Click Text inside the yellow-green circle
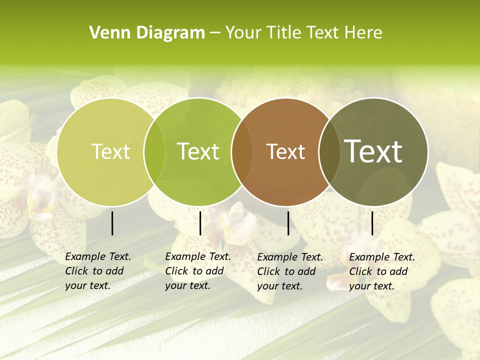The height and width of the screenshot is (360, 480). (x=111, y=152)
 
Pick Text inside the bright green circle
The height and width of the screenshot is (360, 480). (x=198, y=152)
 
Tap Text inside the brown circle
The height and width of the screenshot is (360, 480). (x=285, y=152)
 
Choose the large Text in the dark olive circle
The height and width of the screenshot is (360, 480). (x=373, y=151)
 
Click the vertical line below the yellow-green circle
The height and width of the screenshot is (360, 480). (x=112, y=223)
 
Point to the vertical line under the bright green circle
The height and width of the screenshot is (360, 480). (x=200, y=223)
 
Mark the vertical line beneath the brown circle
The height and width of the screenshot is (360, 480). (x=288, y=223)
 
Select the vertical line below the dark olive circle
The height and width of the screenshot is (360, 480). (x=372, y=223)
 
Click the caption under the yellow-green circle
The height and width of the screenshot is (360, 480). (x=97, y=271)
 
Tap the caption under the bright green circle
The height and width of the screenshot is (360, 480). (x=197, y=271)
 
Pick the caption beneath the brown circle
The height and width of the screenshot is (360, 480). (x=289, y=271)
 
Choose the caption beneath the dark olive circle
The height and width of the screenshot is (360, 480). (x=381, y=271)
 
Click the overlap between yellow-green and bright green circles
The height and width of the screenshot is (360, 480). (x=154, y=152)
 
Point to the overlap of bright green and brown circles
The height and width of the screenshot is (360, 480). (x=241, y=152)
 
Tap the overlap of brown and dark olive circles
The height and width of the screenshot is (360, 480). (x=329, y=152)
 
